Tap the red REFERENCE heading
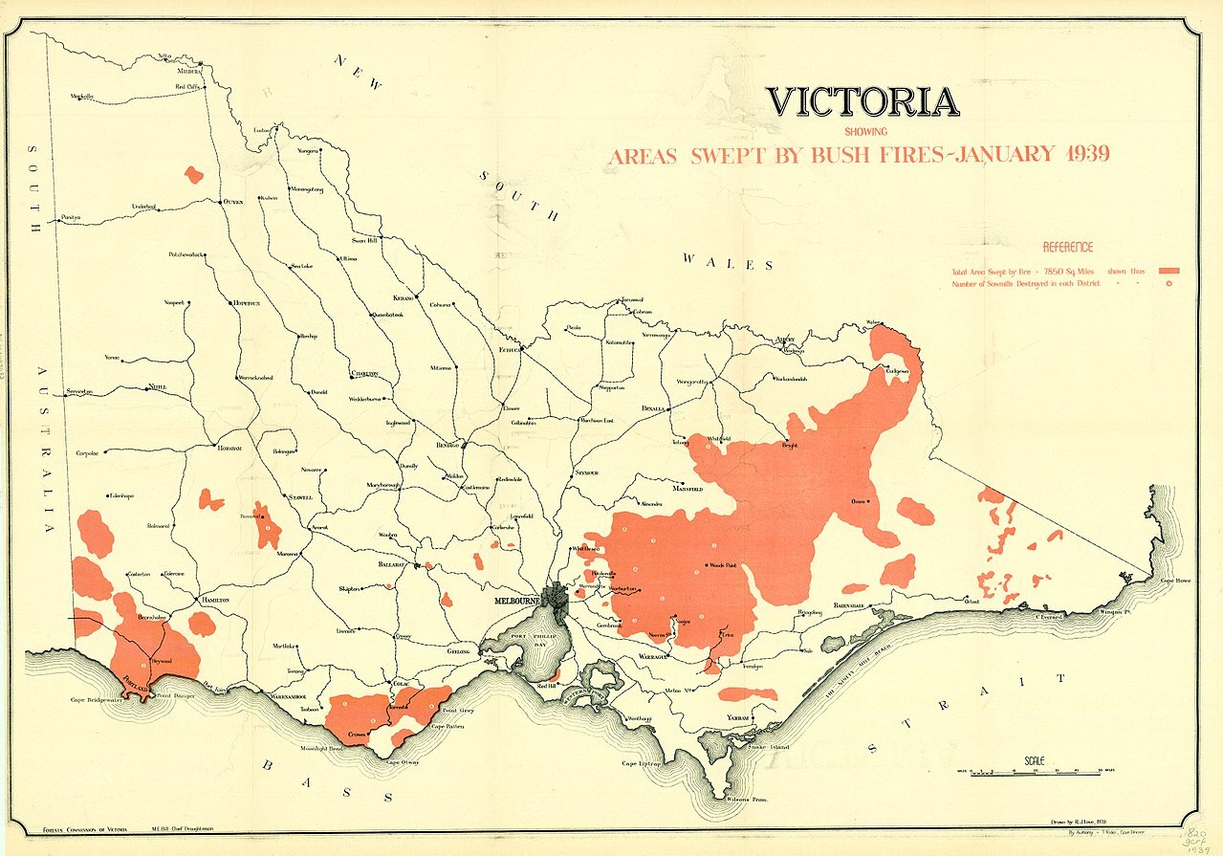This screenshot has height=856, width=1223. (1067, 247)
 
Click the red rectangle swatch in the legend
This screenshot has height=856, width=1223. (1168, 271)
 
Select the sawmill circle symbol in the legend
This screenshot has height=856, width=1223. (1168, 284)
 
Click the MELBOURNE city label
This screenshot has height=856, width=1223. (517, 601)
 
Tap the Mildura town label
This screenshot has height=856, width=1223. (191, 71)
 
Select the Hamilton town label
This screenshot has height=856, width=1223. (214, 600)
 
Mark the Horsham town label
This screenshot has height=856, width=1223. (229, 448)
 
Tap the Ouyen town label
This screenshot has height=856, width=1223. (234, 203)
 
